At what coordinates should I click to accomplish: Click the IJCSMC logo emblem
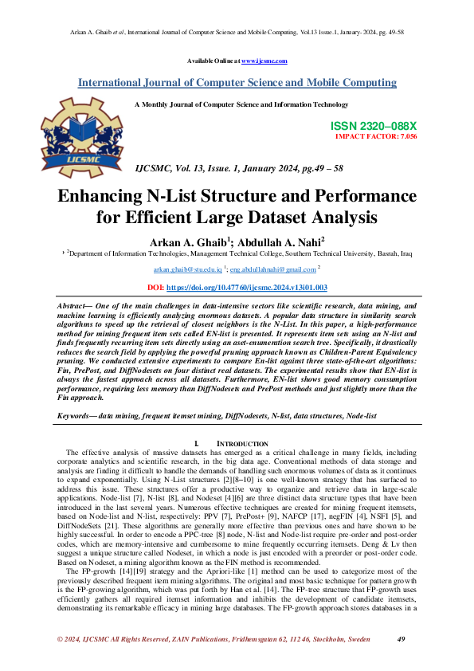point(78,127)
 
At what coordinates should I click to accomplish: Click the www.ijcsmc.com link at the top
point(264,61)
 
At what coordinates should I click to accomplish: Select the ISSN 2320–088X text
point(373,127)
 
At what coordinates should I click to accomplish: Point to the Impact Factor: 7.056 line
point(375,136)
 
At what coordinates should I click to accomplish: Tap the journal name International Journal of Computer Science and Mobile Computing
point(237,83)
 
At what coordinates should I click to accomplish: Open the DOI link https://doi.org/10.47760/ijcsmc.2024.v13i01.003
point(255,287)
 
